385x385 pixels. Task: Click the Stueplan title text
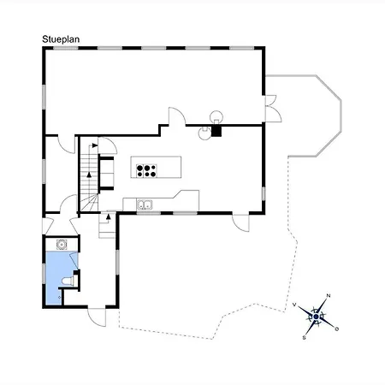click(61, 39)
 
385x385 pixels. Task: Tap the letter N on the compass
click(329, 295)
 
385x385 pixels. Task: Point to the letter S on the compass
click(304, 338)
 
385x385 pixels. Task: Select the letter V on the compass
click(294, 305)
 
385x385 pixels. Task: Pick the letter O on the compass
click(337, 329)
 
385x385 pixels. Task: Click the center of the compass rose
click(316, 317)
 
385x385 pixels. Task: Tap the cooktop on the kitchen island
click(146, 171)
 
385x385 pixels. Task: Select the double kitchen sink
click(145, 204)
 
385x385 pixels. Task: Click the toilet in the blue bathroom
click(68, 281)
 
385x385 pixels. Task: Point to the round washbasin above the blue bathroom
click(62, 245)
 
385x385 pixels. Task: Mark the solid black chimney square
click(216, 131)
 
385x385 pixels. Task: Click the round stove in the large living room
click(216, 117)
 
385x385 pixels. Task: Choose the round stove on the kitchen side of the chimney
click(205, 133)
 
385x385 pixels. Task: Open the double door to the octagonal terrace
click(272, 109)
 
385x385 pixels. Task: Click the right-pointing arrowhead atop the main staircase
click(95, 145)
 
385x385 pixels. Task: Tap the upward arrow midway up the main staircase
click(89, 175)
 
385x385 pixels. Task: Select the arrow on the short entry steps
click(108, 216)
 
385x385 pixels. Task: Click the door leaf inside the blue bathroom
click(74, 260)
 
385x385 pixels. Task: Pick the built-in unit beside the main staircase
click(106, 173)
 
